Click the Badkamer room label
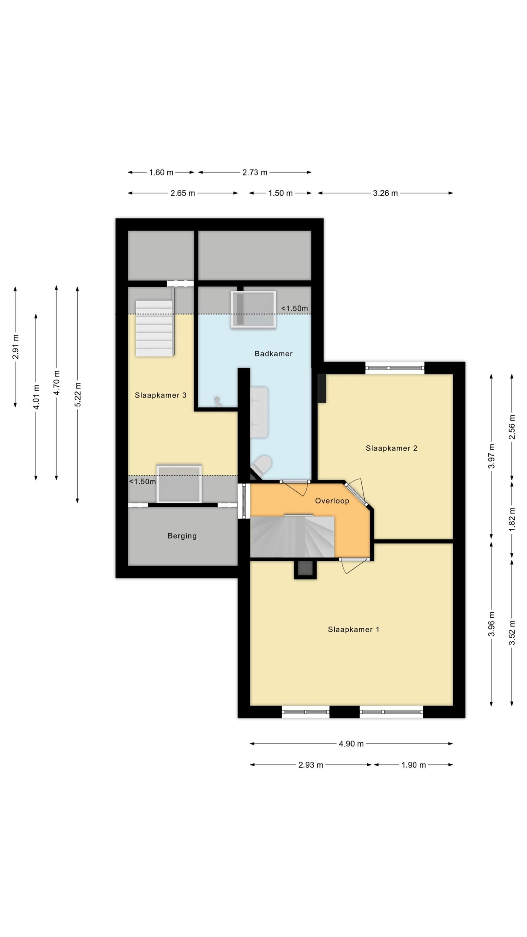[273, 354]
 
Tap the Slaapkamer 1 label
[353, 630]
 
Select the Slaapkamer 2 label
[391, 448]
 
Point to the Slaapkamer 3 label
[160, 395]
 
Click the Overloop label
[332, 501]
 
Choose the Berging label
[182, 536]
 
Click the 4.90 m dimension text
[351, 744]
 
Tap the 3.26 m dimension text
[385, 193]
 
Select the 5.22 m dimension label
[78, 394]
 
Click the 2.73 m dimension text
[255, 172]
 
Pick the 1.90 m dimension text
[413, 765]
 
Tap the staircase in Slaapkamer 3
[155, 328]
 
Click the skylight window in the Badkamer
[253, 309]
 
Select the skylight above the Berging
[179, 484]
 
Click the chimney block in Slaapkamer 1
[304, 569]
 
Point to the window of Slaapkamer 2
[395, 368]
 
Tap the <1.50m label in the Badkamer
[295, 308]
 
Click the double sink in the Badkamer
[259, 412]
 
